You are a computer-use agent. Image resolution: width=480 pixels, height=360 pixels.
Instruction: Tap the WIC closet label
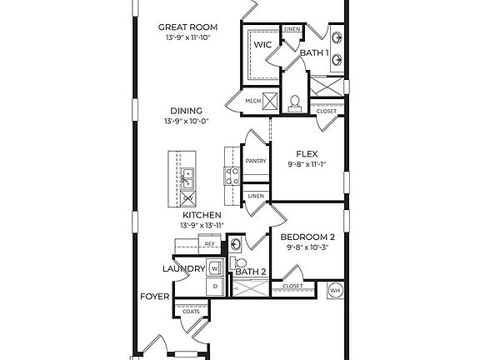point(263,45)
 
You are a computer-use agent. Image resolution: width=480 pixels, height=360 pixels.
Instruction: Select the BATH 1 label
point(315,53)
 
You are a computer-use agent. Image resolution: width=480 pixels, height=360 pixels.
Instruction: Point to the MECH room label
point(253,102)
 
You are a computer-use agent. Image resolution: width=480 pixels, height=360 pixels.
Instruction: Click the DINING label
point(185,110)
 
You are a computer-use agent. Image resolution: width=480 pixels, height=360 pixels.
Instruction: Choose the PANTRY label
point(255,162)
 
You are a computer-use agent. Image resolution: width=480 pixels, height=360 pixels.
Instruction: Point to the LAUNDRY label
point(183,268)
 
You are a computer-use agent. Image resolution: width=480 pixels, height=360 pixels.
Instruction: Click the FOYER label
point(155,297)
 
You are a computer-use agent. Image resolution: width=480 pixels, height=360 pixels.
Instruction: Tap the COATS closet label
point(178,311)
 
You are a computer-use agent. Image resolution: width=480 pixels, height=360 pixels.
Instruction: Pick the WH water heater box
point(335,290)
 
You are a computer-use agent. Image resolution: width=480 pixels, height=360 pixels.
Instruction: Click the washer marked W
point(214,268)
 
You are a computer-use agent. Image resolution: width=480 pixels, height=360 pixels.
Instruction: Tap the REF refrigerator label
point(198,243)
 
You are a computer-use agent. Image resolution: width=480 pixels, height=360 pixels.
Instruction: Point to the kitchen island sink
point(188,176)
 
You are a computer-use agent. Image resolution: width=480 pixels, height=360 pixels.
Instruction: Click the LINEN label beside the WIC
point(292,29)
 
